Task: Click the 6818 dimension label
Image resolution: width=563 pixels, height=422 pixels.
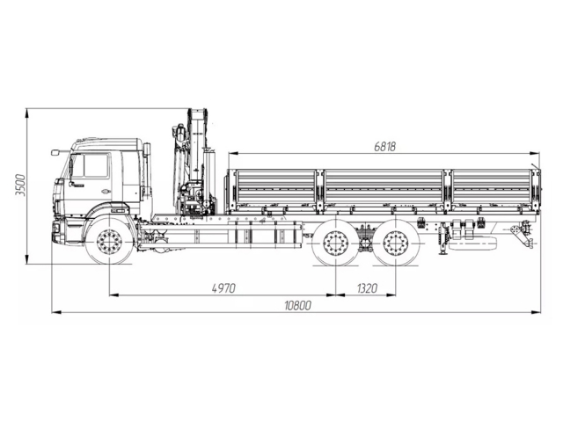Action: [x=384, y=147]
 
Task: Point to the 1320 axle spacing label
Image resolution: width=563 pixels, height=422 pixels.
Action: [x=367, y=287]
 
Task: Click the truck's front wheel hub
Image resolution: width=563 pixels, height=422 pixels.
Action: [x=110, y=243]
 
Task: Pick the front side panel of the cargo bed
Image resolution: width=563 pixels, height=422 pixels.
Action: [x=274, y=186]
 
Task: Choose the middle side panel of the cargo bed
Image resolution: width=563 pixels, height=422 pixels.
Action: [x=384, y=186]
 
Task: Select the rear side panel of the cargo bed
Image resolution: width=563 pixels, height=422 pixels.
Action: [x=491, y=186]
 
